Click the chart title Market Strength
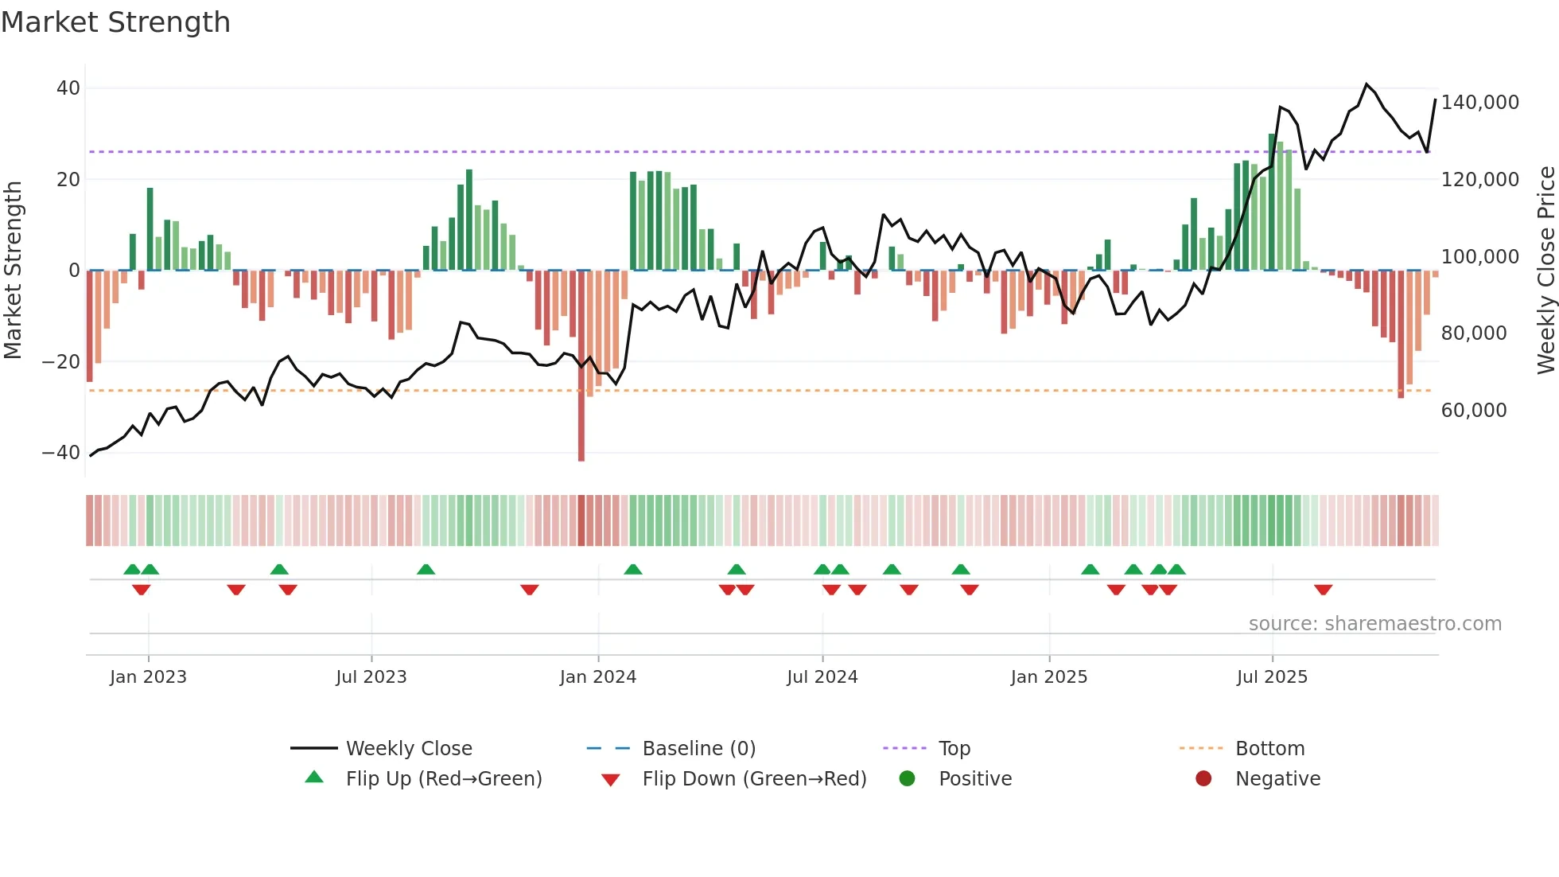pos(115,22)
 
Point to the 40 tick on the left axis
pos(68,88)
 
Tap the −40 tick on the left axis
pos(62,453)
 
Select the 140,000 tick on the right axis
pos(1479,103)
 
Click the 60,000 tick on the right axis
pos(1473,411)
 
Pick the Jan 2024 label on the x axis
pos(597,677)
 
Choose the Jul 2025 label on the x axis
pos(1271,677)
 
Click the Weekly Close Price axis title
pos(1545,270)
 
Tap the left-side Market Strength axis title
pos(13,270)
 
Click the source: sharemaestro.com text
pos(1374,624)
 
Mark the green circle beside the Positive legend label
pos(907,778)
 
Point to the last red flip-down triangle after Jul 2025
pos(1323,590)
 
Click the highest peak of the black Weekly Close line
pos(1367,84)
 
